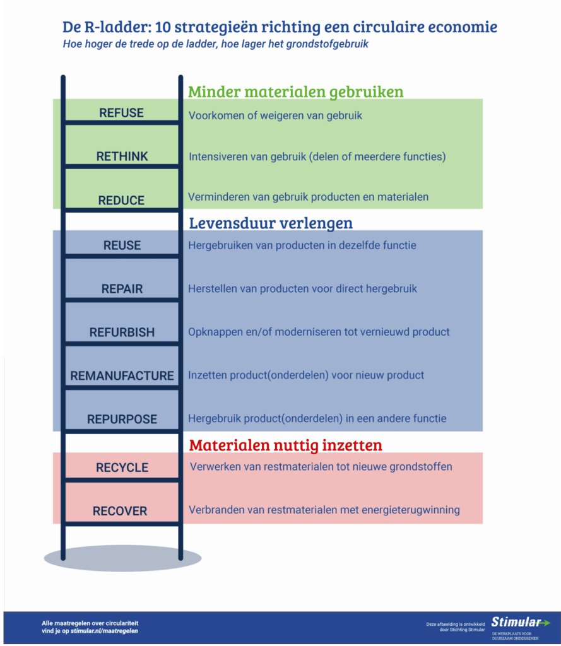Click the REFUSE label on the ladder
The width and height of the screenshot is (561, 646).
[x=121, y=113]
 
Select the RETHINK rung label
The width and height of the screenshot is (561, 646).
[x=122, y=156]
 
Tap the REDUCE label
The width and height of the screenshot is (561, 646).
[x=121, y=201]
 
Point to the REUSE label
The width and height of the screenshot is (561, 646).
[x=122, y=245]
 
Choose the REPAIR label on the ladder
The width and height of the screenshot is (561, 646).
[x=122, y=289]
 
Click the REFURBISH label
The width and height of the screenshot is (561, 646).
[x=122, y=332]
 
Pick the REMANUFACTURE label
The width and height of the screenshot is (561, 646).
[x=122, y=376]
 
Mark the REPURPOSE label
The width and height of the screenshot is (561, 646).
[x=122, y=420]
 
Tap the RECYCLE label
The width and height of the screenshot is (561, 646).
[x=122, y=467]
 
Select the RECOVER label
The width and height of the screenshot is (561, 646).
[x=120, y=511]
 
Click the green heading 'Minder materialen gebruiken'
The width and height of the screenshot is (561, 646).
[x=295, y=92]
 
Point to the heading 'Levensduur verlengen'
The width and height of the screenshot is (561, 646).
[x=271, y=223]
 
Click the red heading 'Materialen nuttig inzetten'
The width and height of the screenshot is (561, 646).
[x=286, y=445]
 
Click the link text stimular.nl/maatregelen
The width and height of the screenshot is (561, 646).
[x=104, y=630]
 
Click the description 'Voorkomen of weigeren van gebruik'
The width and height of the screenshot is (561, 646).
[x=275, y=116]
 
